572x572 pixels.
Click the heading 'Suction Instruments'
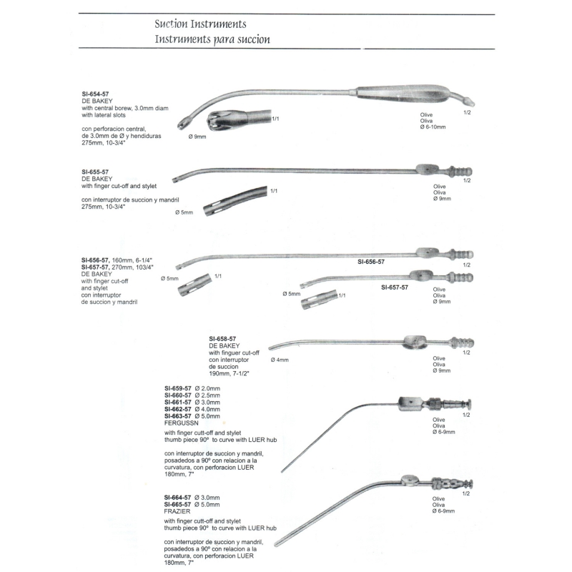click(200, 24)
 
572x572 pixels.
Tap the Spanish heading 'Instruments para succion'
click(212, 39)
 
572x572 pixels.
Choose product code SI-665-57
click(179, 505)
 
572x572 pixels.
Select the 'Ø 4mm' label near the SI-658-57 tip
click(280, 360)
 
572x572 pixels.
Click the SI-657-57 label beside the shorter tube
click(395, 287)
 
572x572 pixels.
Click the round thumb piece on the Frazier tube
click(409, 479)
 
